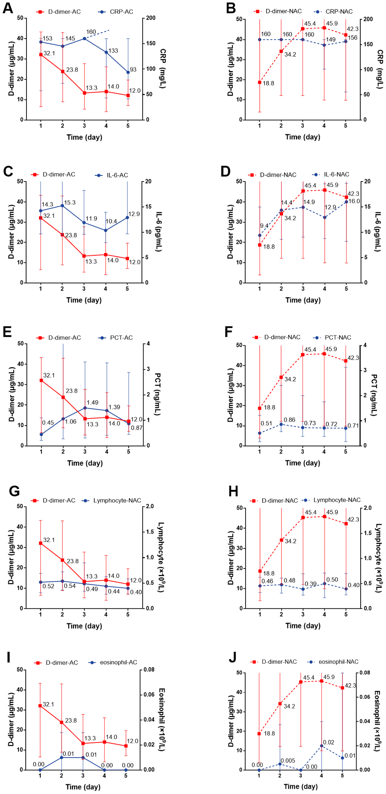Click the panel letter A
[x=8, y=8]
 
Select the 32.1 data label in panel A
[x=49, y=53]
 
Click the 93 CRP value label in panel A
[x=133, y=70]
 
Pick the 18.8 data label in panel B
[x=269, y=83]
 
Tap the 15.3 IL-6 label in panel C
[x=70, y=202]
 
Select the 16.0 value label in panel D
[x=354, y=201]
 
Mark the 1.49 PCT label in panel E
[x=93, y=402]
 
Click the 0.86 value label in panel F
[x=289, y=420]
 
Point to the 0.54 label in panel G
[x=70, y=586]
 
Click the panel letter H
[x=233, y=491]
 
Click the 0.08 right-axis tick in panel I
[x=149, y=670]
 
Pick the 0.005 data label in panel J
[x=288, y=761]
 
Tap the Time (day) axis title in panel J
[x=300, y=786]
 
